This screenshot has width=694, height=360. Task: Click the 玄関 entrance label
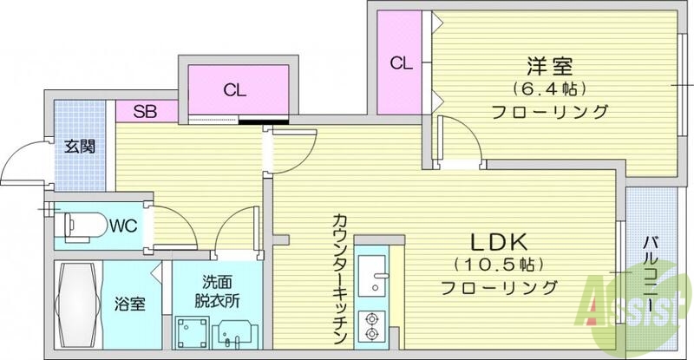80,146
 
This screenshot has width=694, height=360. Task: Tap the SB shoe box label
144,111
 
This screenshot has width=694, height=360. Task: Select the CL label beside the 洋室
399,62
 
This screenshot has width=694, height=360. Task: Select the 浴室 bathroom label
129,305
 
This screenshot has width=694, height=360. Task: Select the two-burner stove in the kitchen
374,324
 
